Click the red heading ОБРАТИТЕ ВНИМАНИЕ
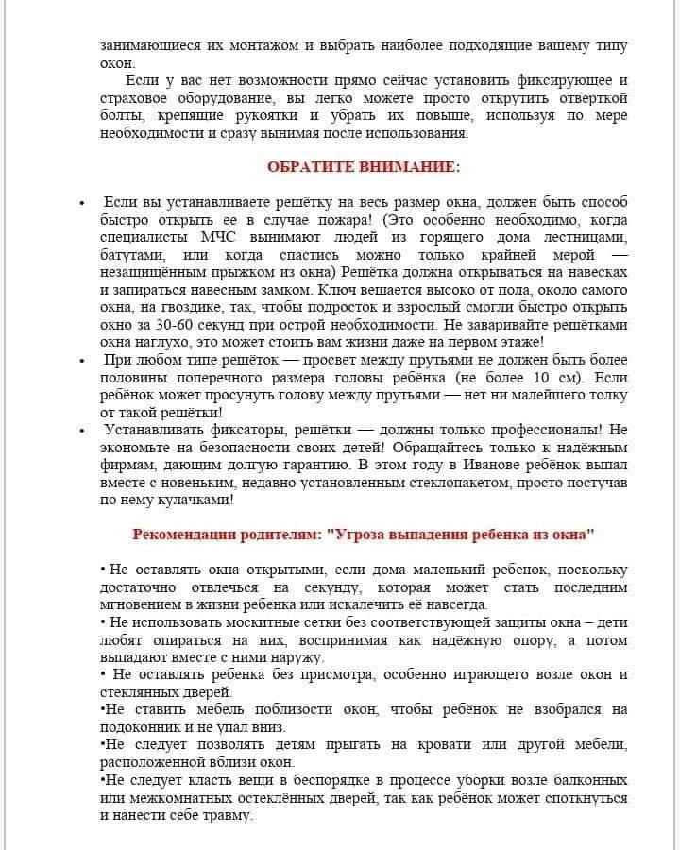(364, 167)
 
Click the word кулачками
(194, 500)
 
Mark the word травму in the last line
(227, 815)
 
